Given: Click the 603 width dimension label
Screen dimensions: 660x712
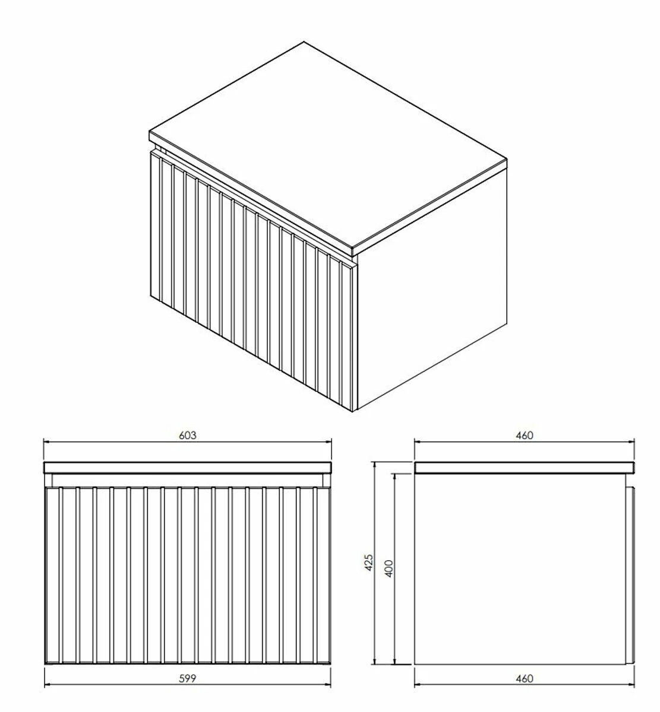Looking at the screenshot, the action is coord(188,436).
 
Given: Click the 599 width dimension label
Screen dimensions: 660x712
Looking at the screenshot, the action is coord(188,679).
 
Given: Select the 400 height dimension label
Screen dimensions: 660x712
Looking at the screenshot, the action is coord(389,568).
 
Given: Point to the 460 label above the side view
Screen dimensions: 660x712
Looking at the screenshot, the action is coord(525,436).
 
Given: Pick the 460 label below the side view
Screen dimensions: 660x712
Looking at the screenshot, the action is coord(525,679).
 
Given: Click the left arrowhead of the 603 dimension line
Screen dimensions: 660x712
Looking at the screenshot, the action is coord(48,443).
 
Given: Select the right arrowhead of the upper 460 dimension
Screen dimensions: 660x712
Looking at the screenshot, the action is coord(630,443).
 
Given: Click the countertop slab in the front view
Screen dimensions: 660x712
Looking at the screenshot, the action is coord(188,468).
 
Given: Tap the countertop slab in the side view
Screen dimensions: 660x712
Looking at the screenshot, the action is coord(525,468).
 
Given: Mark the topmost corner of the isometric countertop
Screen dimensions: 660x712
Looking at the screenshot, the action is coord(304,42).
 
